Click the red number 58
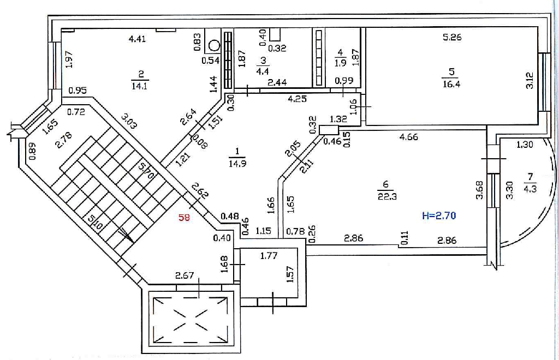[x=185, y=217]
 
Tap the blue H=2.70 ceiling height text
[x=439, y=215]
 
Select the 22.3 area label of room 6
[x=387, y=196]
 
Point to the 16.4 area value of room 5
[x=451, y=85]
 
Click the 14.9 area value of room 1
[x=237, y=164]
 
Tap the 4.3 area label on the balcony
[x=530, y=188]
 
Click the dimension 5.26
[x=452, y=37]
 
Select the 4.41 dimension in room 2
[x=137, y=39]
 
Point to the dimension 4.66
[x=408, y=137]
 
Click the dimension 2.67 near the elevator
[x=185, y=275]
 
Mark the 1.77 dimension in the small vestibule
[x=269, y=256]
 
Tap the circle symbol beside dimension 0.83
[x=214, y=46]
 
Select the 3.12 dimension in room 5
[x=529, y=81]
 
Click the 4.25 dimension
[x=297, y=99]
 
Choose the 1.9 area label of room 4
[x=340, y=63]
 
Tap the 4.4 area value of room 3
[x=263, y=71]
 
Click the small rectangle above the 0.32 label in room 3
[x=275, y=34]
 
